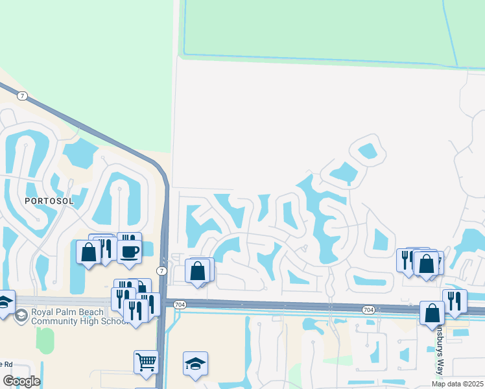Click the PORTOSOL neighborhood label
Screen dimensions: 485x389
pos(49,201)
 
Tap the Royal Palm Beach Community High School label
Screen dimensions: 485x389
pos(73,316)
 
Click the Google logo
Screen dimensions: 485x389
pos(21,381)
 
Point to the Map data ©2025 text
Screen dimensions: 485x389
pos(458,384)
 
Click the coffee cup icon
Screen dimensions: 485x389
pos(130,250)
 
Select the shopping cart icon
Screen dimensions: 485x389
pos(146,360)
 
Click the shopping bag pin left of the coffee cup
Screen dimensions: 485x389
pos(88,251)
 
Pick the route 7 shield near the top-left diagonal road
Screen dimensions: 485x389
pos(23,96)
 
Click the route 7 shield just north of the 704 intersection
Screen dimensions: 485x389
pos(161,270)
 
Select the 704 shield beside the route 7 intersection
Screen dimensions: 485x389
pos(180,303)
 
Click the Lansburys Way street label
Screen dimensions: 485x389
pos(439,350)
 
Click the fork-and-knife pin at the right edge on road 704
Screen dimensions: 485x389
pos(455,300)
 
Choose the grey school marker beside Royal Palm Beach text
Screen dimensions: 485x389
pos(21,315)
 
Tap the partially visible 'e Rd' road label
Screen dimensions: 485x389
pos(6,363)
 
